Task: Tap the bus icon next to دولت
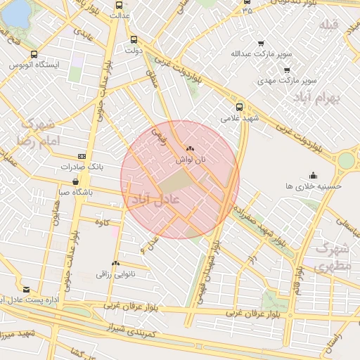(134, 40)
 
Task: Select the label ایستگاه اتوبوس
(34, 65)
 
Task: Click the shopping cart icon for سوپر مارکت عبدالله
(261, 44)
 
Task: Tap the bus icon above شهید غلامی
(240, 108)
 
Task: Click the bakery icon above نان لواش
(190, 149)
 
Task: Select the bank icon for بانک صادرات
(82, 156)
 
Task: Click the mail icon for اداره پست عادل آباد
(26, 290)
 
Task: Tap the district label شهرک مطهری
(332, 257)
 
